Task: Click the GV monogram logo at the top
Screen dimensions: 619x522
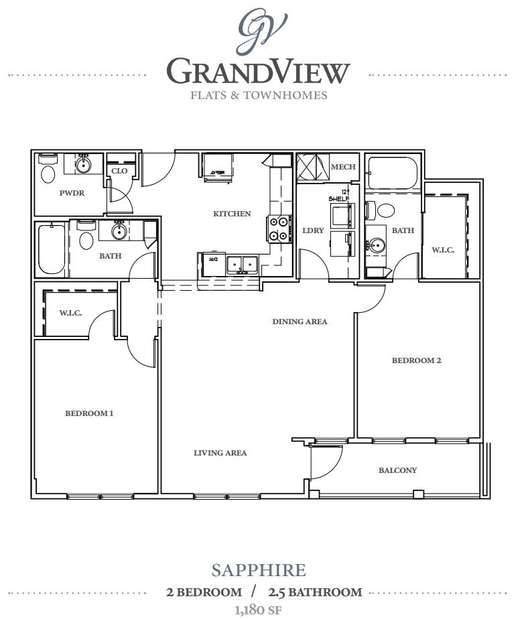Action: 262,29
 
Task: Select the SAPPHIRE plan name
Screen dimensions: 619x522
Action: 259,570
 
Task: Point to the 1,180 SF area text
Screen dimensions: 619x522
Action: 258,610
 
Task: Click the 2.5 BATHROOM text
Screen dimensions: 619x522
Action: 314,592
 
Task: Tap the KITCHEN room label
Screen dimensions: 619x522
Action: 232,214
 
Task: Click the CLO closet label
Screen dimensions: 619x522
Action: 119,171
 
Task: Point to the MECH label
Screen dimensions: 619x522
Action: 343,167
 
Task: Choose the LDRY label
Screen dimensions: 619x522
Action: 313,230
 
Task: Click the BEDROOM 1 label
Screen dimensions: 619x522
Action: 89,413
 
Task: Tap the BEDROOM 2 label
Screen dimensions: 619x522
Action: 416,360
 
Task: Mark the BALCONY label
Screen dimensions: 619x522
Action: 397,470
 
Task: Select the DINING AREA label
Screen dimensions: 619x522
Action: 300,322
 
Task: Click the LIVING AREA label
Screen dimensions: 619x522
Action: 220,453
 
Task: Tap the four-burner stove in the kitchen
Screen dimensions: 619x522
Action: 279,228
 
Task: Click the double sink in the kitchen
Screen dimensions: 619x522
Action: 241,263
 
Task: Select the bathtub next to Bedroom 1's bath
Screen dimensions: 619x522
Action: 51,250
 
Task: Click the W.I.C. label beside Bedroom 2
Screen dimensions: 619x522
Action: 443,250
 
